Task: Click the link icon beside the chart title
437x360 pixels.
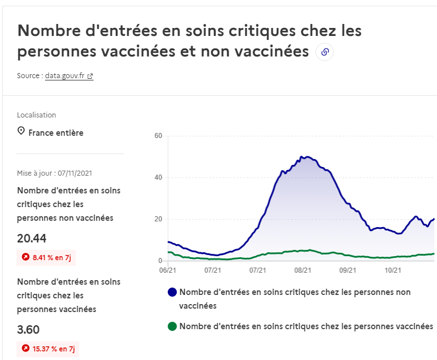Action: pos(325,52)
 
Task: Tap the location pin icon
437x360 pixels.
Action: pos(21,132)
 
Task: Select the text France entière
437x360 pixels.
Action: pos(56,133)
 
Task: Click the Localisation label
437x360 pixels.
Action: pos(37,115)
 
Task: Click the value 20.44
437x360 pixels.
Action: pos(32,238)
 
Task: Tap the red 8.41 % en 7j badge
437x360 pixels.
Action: pos(46,257)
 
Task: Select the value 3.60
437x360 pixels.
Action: pos(29,329)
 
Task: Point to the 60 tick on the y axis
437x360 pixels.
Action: pos(159,136)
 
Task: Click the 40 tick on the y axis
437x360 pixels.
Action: pos(159,177)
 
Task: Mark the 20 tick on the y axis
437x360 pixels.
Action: pos(159,219)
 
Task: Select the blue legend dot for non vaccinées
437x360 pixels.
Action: pos(172,292)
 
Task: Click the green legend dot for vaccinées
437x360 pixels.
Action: pos(172,326)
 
